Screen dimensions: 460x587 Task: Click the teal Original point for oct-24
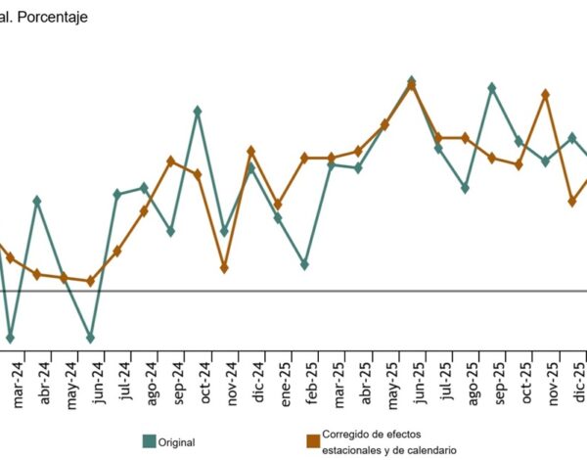click(198, 111)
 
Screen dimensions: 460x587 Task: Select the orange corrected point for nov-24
click(224, 267)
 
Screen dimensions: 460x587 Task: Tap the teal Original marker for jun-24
click(90, 338)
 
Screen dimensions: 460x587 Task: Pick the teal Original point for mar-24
click(10, 338)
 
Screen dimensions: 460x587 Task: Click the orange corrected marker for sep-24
click(170, 161)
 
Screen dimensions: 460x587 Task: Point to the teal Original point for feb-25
click(304, 264)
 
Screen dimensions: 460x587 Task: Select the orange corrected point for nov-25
click(545, 94)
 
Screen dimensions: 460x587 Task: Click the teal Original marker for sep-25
click(491, 87)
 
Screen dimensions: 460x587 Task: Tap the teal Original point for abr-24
click(36, 201)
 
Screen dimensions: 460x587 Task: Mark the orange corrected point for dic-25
click(572, 201)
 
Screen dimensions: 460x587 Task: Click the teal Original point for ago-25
click(465, 187)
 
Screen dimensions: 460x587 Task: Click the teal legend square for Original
click(151, 441)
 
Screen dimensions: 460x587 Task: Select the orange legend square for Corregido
click(313, 441)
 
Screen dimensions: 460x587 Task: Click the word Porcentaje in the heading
click(51, 17)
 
